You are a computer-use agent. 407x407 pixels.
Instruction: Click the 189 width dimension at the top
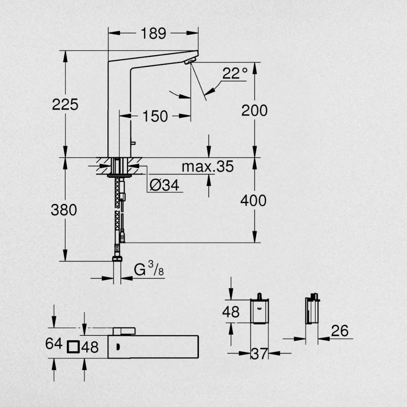(x=153, y=34)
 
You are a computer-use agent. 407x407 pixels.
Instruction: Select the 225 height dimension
(x=65, y=104)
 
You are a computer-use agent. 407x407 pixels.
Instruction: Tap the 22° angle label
(x=234, y=73)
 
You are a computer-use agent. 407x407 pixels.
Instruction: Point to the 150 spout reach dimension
(x=155, y=116)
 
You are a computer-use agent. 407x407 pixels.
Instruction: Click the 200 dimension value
(x=254, y=110)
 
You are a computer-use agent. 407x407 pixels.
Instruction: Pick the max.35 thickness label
(x=207, y=166)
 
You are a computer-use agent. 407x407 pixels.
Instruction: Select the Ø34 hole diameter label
(x=164, y=185)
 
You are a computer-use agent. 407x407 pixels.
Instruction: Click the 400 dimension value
(x=253, y=201)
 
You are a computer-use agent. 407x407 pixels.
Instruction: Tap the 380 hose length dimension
(x=64, y=210)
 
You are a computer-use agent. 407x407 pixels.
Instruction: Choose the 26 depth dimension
(x=340, y=331)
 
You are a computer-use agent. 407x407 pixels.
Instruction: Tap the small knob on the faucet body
(x=132, y=142)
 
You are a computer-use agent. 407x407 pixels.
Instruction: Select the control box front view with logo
(x=260, y=311)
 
